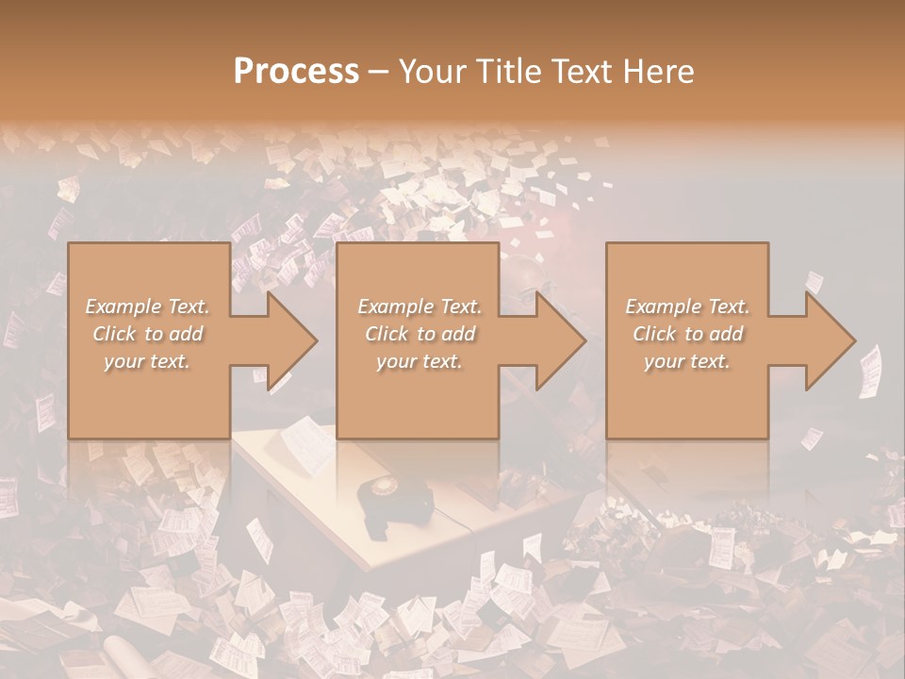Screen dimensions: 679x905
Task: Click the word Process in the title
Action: [296, 72]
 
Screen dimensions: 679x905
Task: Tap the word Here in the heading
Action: [659, 72]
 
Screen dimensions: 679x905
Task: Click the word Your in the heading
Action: [434, 72]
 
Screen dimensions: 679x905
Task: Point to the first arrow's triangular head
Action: [292, 340]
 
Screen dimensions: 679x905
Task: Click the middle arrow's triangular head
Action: [561, 340]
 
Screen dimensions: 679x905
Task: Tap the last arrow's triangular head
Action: [831, 340]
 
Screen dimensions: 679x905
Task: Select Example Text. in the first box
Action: [148, 306]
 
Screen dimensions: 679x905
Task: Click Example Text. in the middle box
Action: [419, 306]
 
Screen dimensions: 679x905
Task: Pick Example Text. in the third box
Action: [687, 306]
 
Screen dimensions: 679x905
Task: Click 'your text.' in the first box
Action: [148, 361]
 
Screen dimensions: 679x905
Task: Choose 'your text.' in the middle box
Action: [419, 361]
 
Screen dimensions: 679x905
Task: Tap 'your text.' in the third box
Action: [687, 361]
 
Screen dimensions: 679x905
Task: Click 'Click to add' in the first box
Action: [148, 334]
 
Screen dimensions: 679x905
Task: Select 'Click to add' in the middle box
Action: [419, 334]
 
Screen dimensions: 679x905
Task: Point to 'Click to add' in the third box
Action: [687, 334]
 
